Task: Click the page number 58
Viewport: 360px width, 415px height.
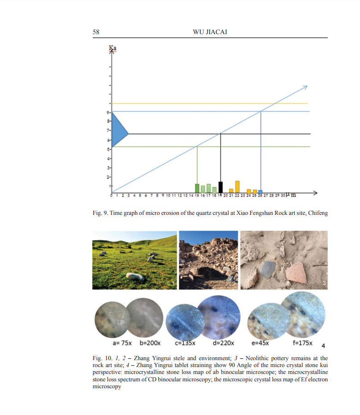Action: [x=96, y=32]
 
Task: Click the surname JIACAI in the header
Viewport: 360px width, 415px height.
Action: [x=216, y=32]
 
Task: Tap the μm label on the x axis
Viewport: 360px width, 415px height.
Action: [x=291, y=195]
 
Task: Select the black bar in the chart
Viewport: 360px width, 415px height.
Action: [x=221, y=187]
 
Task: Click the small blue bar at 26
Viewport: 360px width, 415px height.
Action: [x=260, y=191]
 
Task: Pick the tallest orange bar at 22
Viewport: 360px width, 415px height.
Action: [x=237, y=186]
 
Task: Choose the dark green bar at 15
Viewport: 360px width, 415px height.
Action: [x=197, y=188]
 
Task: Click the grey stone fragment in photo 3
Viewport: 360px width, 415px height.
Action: [x=267, y=271]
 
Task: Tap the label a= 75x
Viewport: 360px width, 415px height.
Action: [x=121, y=343]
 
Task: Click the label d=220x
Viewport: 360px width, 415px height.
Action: [x=223, y=343]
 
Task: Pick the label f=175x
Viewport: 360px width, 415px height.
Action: [x=302, y=343]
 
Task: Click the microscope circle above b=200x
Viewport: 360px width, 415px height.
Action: [x=145, y=317]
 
